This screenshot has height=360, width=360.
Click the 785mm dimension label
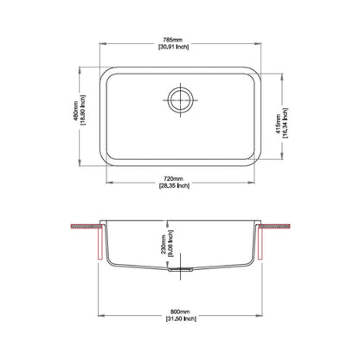(173, 40)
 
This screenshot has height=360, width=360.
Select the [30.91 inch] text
(173, 47)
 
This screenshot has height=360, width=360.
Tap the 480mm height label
(76, 111)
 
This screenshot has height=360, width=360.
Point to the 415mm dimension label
(279, 124)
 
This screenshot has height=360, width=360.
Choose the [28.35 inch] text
(174, 185)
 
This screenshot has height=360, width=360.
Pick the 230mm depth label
(164, 244)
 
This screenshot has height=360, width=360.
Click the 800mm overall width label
(180, 312)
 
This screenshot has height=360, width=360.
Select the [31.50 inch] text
(181, 318)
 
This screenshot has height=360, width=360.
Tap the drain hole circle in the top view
(181, 100)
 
